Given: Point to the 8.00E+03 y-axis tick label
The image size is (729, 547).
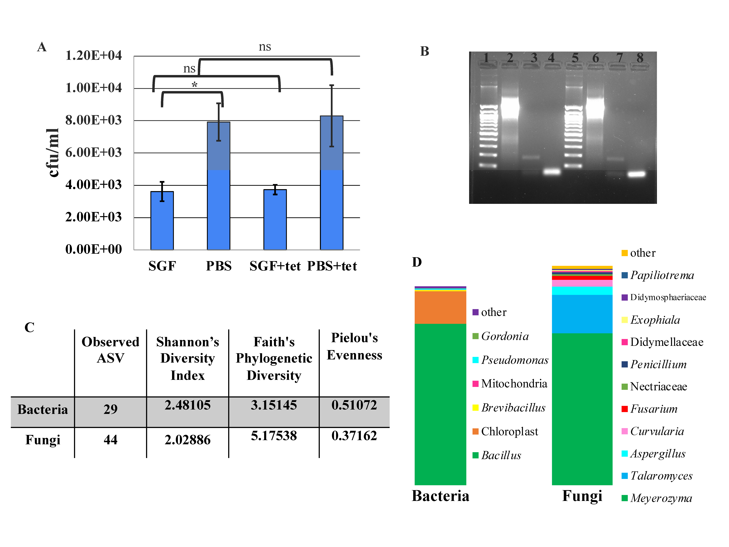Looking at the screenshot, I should point(94,120).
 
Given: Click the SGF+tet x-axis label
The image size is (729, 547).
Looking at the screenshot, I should point(275,266).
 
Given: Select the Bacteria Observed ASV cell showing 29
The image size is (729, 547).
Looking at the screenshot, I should point(110,409).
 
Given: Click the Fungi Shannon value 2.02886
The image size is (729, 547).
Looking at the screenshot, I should point(187,440).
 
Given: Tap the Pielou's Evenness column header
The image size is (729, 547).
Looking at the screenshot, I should point(354,346).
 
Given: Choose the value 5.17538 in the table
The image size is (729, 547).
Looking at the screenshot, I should point(274,436).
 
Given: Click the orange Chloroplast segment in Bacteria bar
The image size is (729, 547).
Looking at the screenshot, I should point(440,307).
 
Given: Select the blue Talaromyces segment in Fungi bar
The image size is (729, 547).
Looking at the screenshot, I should point(582,314).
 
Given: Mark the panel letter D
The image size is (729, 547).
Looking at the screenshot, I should point(417,262).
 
